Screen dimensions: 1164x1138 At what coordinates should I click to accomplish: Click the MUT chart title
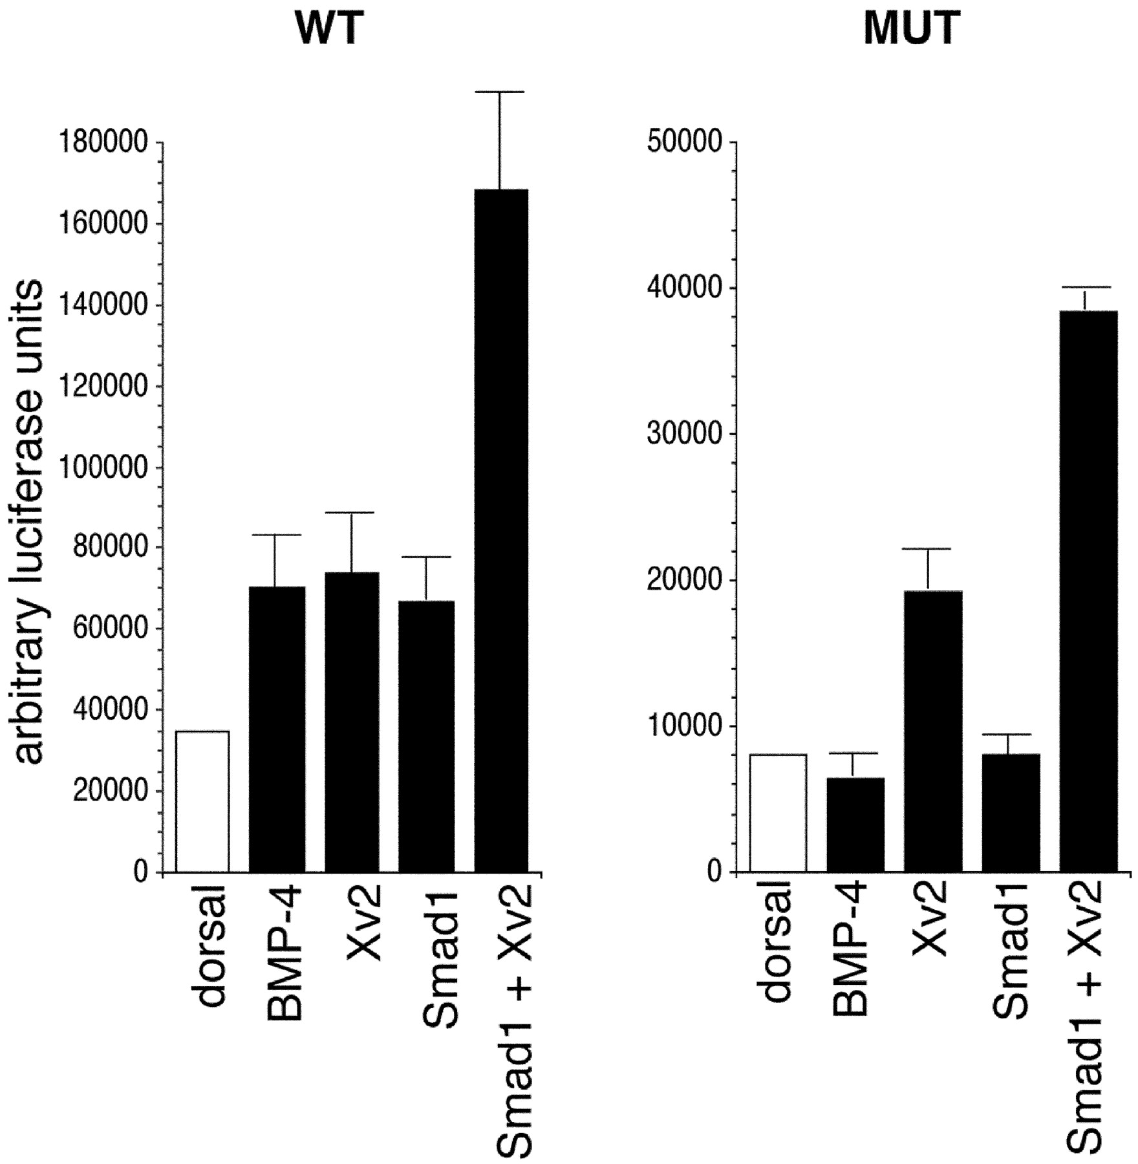pos(912,30)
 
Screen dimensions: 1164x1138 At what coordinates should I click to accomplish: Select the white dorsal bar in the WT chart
pos(203,802)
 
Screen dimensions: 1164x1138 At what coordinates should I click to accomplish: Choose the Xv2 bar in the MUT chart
pos(933,731)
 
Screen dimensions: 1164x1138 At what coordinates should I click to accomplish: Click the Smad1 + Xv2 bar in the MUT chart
pos(1089,592)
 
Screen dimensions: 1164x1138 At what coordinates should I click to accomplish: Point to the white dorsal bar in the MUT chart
pos(778,813)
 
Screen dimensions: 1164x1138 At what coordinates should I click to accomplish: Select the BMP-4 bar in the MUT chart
pos(855,824)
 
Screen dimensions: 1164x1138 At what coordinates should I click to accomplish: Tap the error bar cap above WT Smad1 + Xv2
pos(500,92)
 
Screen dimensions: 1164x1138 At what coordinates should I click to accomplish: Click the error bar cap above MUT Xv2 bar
pos(928,549)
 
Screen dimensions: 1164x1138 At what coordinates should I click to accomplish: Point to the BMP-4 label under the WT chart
pos(285,956)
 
